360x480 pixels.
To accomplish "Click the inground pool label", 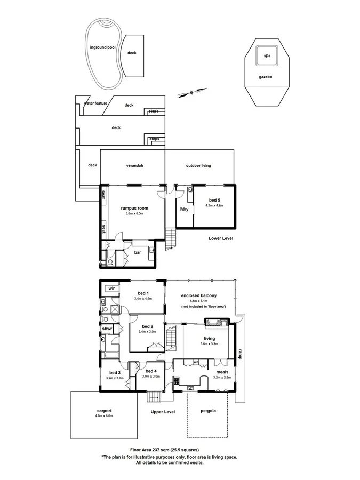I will [x=102, y=47].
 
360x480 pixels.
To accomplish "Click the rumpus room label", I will [x=134, y=208].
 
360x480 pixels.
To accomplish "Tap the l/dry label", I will [x=184, y=209].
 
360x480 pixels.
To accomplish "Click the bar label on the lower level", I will [x=137, y=252].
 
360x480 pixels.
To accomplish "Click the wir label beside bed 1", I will [x=111, y=288].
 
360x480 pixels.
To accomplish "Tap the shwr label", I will [x=107, y=329].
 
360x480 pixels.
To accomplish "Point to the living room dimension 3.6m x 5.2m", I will [x=209, y=345].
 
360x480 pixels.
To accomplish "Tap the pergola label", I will [x=208, y=411].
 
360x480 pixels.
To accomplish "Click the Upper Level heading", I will [x=163, y=412].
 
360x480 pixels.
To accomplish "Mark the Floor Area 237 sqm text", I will [x=167, y=450].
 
